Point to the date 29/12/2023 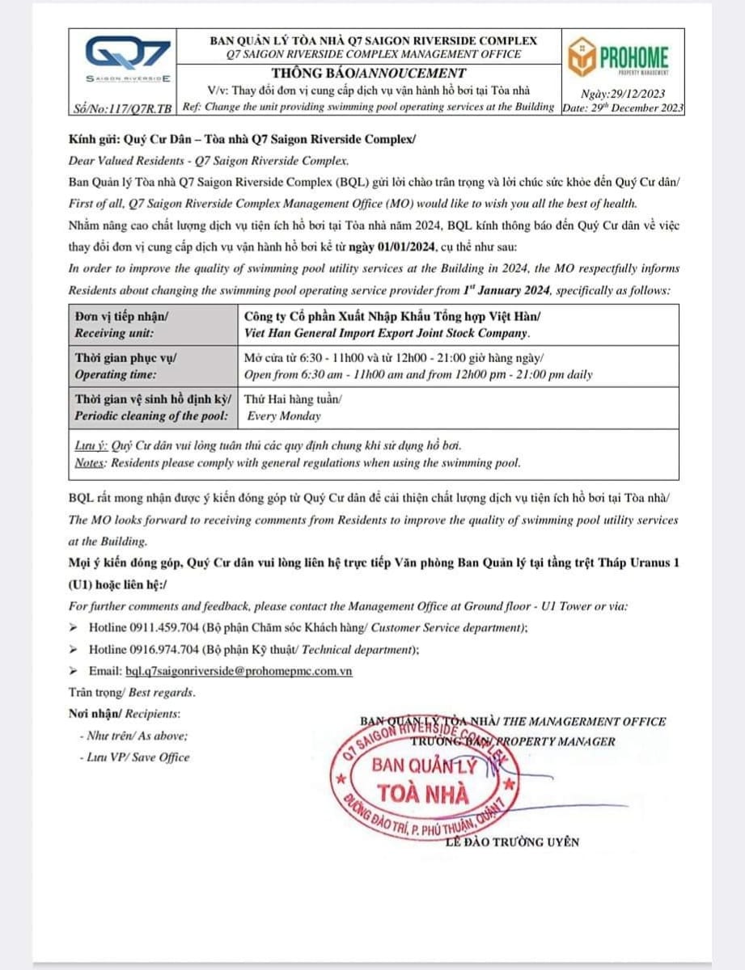[624, 94]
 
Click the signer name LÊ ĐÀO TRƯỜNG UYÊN [512, 841]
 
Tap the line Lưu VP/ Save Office [134, 757]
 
